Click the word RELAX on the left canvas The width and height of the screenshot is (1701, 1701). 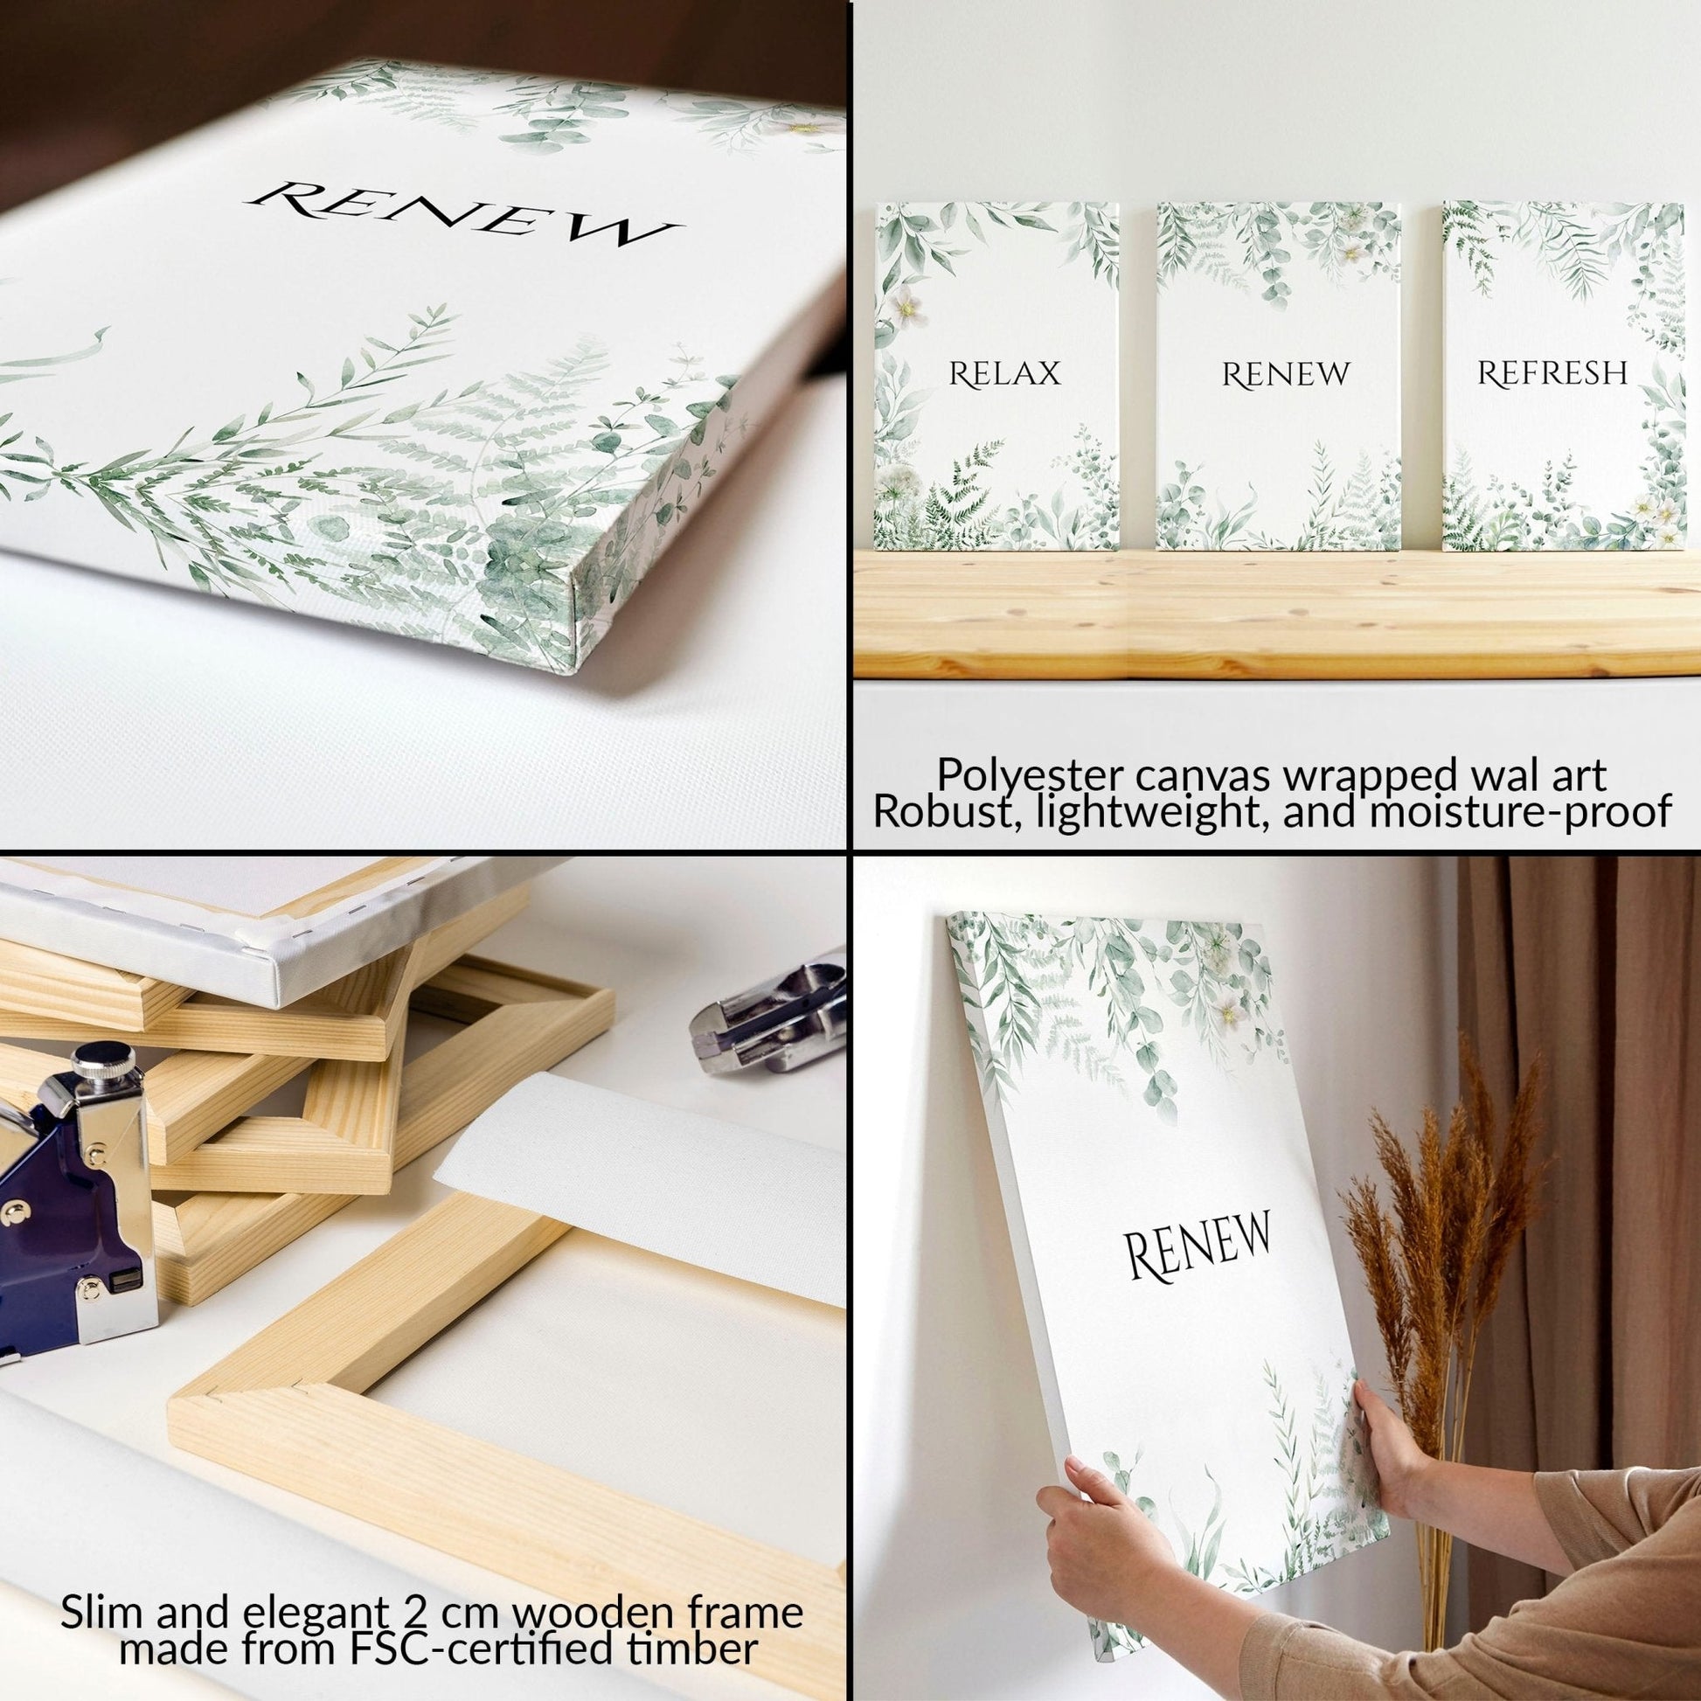tap(1003, 374)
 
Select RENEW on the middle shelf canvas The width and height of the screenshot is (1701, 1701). tap(1285, 375)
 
